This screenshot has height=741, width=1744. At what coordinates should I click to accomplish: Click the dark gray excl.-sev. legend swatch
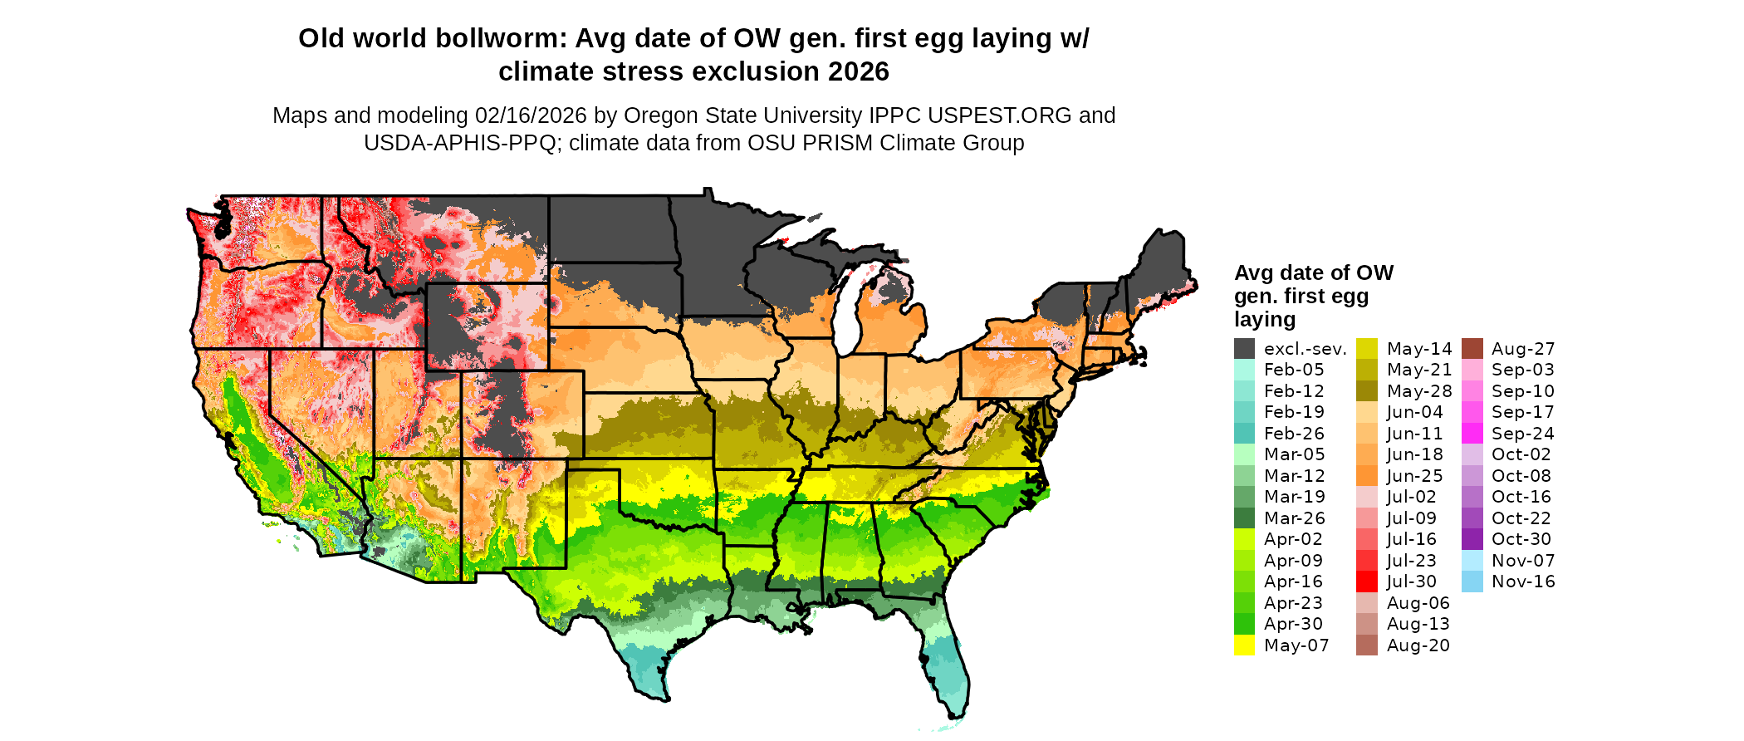coord(1244,349)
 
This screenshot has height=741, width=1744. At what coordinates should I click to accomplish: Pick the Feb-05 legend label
coord(1294,370)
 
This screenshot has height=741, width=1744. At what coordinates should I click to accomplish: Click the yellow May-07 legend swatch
coord(1244,645)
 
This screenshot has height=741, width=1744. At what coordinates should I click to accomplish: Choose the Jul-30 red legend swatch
coord(1367,582)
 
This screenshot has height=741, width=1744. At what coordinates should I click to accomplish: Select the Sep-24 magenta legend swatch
coord(1472,434)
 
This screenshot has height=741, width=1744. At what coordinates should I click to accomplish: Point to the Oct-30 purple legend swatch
coord(1472,539)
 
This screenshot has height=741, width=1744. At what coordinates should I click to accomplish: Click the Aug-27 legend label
coord(1523,349)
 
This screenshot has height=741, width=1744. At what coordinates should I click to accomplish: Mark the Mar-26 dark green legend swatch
coord(1244,518)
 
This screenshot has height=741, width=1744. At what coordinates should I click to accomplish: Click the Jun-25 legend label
coord(1415,476)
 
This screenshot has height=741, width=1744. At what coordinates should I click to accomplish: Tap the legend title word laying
coord(1265,320)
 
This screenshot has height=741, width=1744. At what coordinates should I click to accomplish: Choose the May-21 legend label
coord(1419,370)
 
